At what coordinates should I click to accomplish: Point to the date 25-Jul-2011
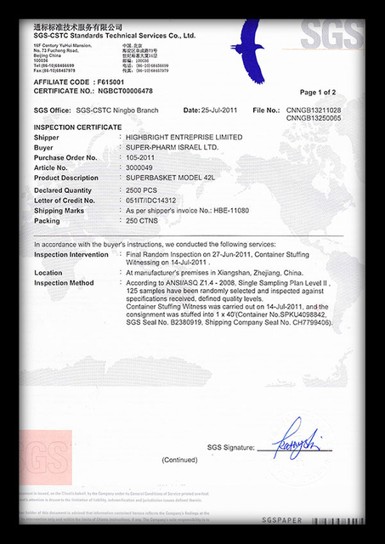coord(223,110)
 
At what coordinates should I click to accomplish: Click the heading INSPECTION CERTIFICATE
coord(78,127)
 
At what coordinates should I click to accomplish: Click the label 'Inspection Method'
coord(64,282)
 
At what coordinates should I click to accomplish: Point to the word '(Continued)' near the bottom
coord(180,460)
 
